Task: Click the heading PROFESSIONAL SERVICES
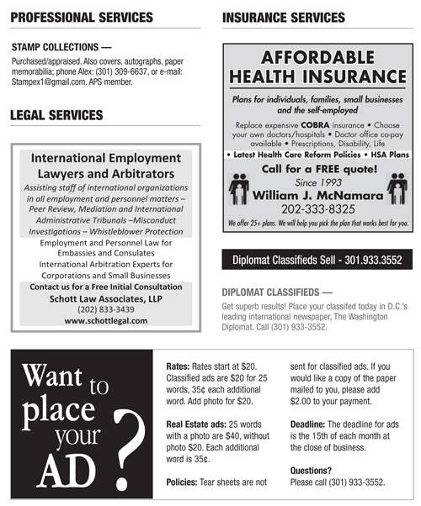[x=82, y=17]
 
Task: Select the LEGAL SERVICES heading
[x=56, y=114]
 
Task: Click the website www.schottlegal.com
[x=105, y=320]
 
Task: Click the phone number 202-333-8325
[x=317, y=208]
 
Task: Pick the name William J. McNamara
[x=317, y=194]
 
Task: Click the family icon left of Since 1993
[x=240, y=187]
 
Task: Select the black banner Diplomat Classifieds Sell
[x=317, y=261]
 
